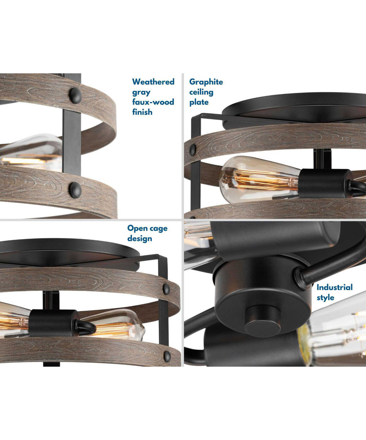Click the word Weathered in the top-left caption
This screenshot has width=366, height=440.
153,82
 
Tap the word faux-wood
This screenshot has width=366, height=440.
153,102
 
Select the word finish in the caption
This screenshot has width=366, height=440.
142,112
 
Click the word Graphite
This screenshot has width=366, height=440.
206,82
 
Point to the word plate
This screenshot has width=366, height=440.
199,103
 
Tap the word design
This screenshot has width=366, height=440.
140,239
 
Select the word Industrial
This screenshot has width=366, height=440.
335,287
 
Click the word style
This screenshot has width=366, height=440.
325,298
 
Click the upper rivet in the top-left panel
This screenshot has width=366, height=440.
75,96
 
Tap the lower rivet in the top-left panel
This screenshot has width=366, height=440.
75,190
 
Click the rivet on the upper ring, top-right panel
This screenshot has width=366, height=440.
193,150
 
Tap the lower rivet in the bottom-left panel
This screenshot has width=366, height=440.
167,356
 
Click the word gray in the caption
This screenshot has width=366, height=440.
141,92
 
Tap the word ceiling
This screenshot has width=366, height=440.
201,92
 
